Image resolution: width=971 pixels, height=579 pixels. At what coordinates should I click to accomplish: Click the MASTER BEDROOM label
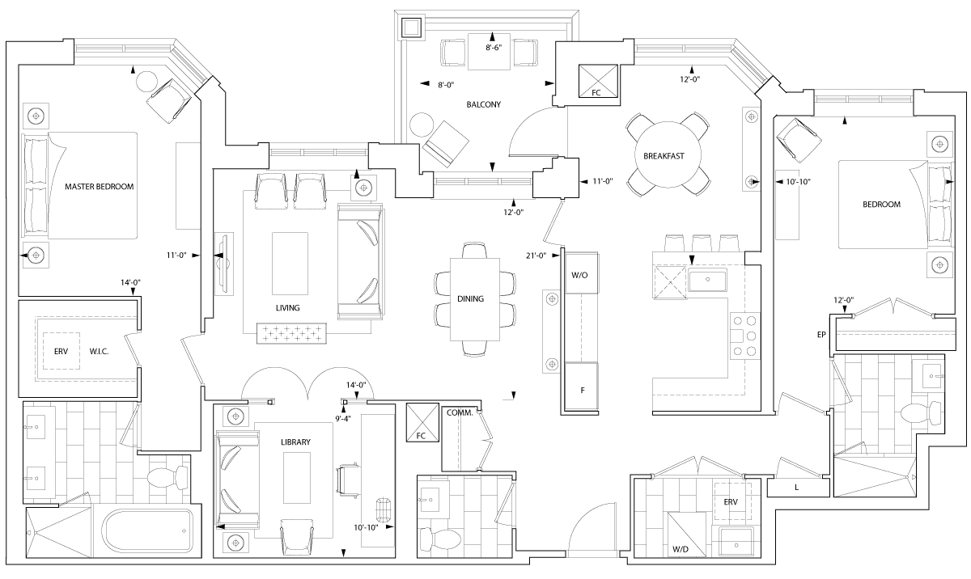pos(99,187)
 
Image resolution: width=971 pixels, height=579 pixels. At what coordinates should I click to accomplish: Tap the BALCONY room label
pos(484,104)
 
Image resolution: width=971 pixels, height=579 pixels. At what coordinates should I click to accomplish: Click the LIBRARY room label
pos(295,442)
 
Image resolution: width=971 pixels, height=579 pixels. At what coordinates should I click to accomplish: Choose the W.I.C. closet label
pos(100,351)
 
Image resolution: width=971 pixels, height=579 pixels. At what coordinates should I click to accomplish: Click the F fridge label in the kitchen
pos(582,390)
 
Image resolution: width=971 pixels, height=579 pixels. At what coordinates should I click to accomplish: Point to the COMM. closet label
pos(460,412)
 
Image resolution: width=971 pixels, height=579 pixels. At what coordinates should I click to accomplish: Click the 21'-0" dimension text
pos(536,256)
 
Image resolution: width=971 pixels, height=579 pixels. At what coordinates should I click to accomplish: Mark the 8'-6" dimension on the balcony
pos(494,48)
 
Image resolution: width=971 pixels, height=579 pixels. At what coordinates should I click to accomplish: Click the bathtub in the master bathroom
pos(146,531)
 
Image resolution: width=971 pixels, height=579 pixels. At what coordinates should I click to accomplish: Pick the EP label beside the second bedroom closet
pos(822,333)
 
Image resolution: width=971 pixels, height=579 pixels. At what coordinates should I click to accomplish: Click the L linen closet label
pos(797,487)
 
